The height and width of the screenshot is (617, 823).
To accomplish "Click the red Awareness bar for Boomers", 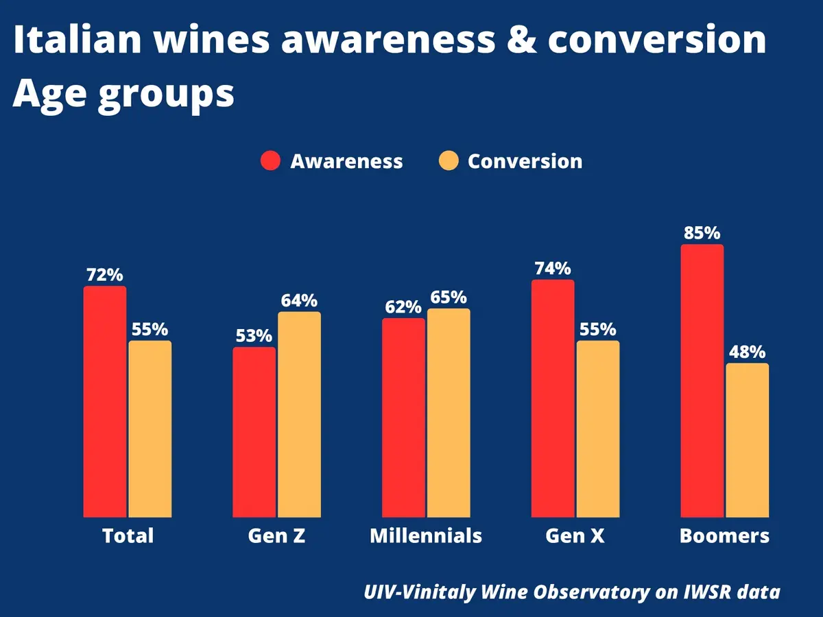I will (x=702, y=380).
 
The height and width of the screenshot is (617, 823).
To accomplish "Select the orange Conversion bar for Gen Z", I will (x=299, y=414).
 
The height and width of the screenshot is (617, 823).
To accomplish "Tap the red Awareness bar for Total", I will (x=105, y=401).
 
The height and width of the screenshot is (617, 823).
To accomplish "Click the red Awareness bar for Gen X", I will (x=553, y=398).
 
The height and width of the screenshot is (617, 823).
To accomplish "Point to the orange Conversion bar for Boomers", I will (x=747, y=439).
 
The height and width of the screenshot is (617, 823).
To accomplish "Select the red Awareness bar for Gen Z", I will (x=254, y=432).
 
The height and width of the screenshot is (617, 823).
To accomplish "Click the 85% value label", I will (x=702, y=233).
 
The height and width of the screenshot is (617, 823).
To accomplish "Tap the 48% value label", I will (x=747, y=352).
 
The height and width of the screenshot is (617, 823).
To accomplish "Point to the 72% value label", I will (x=105, y=275).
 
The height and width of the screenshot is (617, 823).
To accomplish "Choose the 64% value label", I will (x=299, y=301).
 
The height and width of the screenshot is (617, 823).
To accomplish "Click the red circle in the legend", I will (x=271, y=162).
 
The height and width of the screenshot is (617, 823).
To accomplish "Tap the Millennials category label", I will (x=426, y=535).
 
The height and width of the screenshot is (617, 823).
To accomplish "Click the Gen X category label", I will (x=575, y=535).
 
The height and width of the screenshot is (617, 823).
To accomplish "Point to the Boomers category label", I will (x=724, y=535).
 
